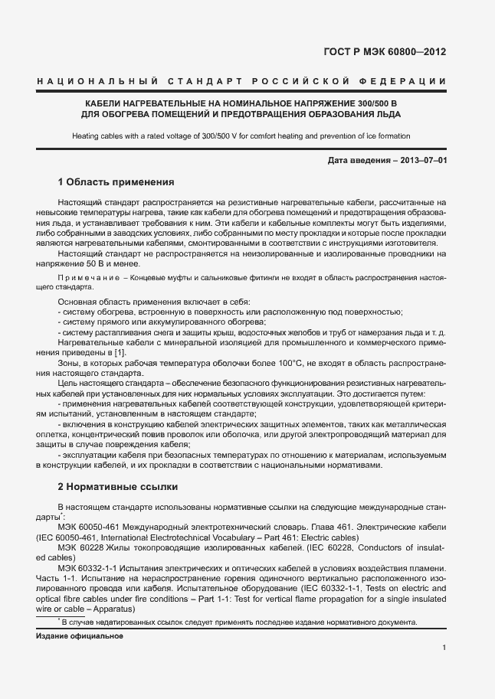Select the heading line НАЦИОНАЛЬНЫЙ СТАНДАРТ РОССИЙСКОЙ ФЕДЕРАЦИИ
[241, 82]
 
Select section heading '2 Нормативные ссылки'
[118, 486]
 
